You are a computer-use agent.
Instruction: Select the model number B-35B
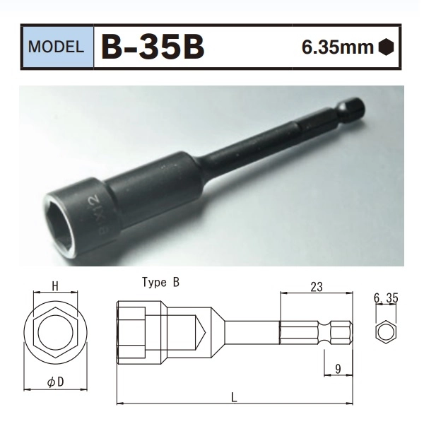(153, 47)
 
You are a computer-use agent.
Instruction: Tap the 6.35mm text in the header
(337, 48)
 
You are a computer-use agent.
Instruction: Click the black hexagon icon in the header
(385, 48)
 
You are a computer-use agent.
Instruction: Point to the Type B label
(160, 283)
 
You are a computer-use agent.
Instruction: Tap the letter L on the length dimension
(234, 396)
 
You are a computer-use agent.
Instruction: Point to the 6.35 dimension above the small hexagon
(386, 298)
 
